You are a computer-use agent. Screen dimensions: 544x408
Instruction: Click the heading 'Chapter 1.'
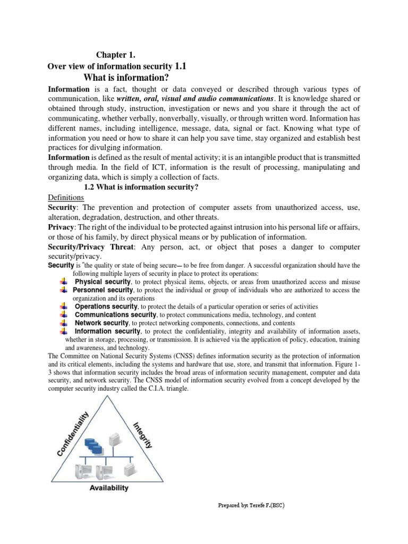click(115, 55)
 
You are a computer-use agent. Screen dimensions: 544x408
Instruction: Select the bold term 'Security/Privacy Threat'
click(85, 248)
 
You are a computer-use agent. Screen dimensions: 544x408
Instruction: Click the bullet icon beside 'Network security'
click(63, 322)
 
